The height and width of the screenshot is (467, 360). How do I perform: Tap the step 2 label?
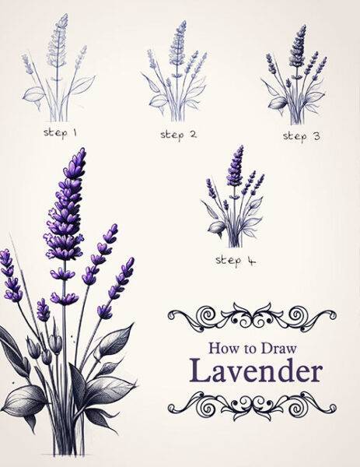[178, 135]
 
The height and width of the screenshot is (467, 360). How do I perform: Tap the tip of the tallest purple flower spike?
[75, 156]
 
